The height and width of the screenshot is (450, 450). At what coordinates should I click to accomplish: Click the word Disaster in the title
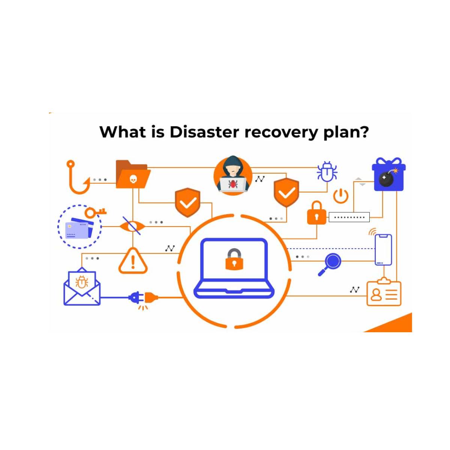(204, 132)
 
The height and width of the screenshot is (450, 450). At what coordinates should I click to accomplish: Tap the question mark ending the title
(363, 132)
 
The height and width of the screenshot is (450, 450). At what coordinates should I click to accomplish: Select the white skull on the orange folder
(133, 179)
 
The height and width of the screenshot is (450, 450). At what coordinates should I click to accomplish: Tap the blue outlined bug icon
(327, 171)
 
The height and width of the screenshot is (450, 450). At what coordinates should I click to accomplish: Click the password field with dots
(349, 217)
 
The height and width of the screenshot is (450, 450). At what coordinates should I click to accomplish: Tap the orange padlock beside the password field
(316, 213)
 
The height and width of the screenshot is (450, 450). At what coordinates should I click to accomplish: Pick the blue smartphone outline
(383, 250)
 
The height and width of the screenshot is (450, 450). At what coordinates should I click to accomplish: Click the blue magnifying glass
(330, 264)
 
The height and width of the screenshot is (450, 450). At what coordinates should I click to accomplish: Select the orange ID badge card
(384, 292)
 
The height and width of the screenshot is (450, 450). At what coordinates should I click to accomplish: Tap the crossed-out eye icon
(132, 226)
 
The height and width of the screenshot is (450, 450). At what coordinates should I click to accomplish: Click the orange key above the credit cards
(95, 212)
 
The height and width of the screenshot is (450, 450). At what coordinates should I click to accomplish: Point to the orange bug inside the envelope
(82, 282)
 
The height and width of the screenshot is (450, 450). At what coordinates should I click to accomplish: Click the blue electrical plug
(136, 297)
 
